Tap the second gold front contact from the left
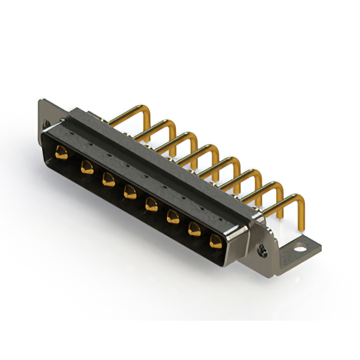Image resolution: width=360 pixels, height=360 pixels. click(87, 166)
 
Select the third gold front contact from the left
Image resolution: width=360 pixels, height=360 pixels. click(107, 179)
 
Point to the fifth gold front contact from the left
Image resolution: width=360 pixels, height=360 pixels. click(151, 204)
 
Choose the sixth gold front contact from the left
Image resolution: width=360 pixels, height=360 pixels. click(172, 217)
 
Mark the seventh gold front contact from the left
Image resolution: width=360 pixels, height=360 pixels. click(193, 229)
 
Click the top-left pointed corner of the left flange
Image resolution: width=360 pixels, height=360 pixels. click(39, 100)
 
